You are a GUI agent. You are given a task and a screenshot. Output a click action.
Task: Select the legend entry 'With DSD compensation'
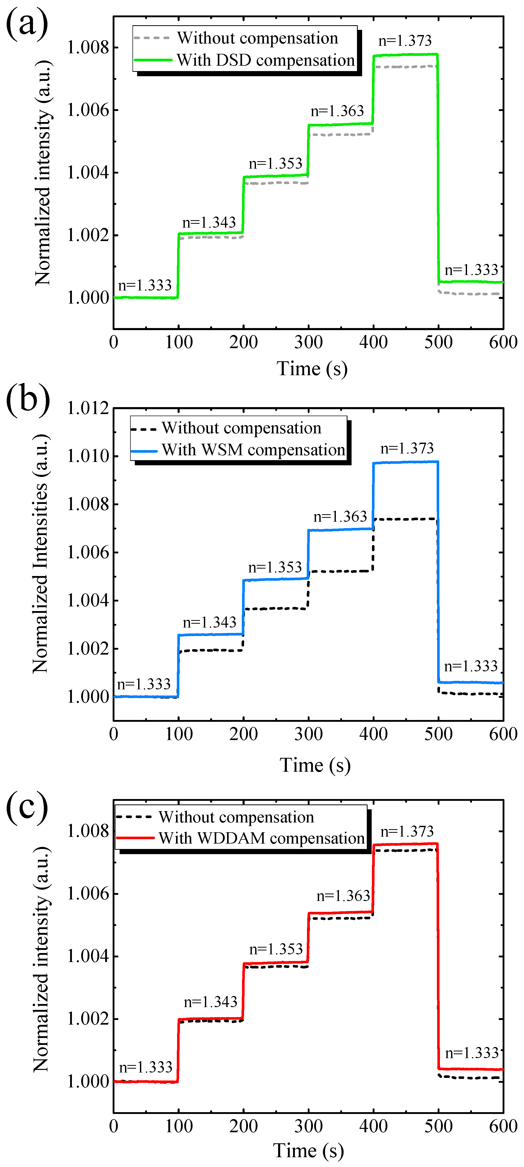[265, 60]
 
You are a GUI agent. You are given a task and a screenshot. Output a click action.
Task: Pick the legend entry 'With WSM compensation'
[253, 450]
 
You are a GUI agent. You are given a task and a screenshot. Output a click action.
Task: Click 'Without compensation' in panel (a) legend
[257, 38]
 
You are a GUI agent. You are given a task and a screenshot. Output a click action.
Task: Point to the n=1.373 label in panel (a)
[405, 41]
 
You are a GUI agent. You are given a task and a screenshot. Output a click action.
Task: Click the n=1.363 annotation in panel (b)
[340, 517]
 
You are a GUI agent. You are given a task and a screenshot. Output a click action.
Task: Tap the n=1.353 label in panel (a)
[275, 164]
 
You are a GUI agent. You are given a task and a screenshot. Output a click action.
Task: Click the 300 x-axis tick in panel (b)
[308, 734]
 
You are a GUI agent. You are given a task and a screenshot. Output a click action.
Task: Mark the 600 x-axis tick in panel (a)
[503, 342]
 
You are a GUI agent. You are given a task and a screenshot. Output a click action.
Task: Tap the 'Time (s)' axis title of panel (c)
[308, 1151]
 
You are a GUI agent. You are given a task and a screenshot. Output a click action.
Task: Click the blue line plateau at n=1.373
[406, 462]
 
